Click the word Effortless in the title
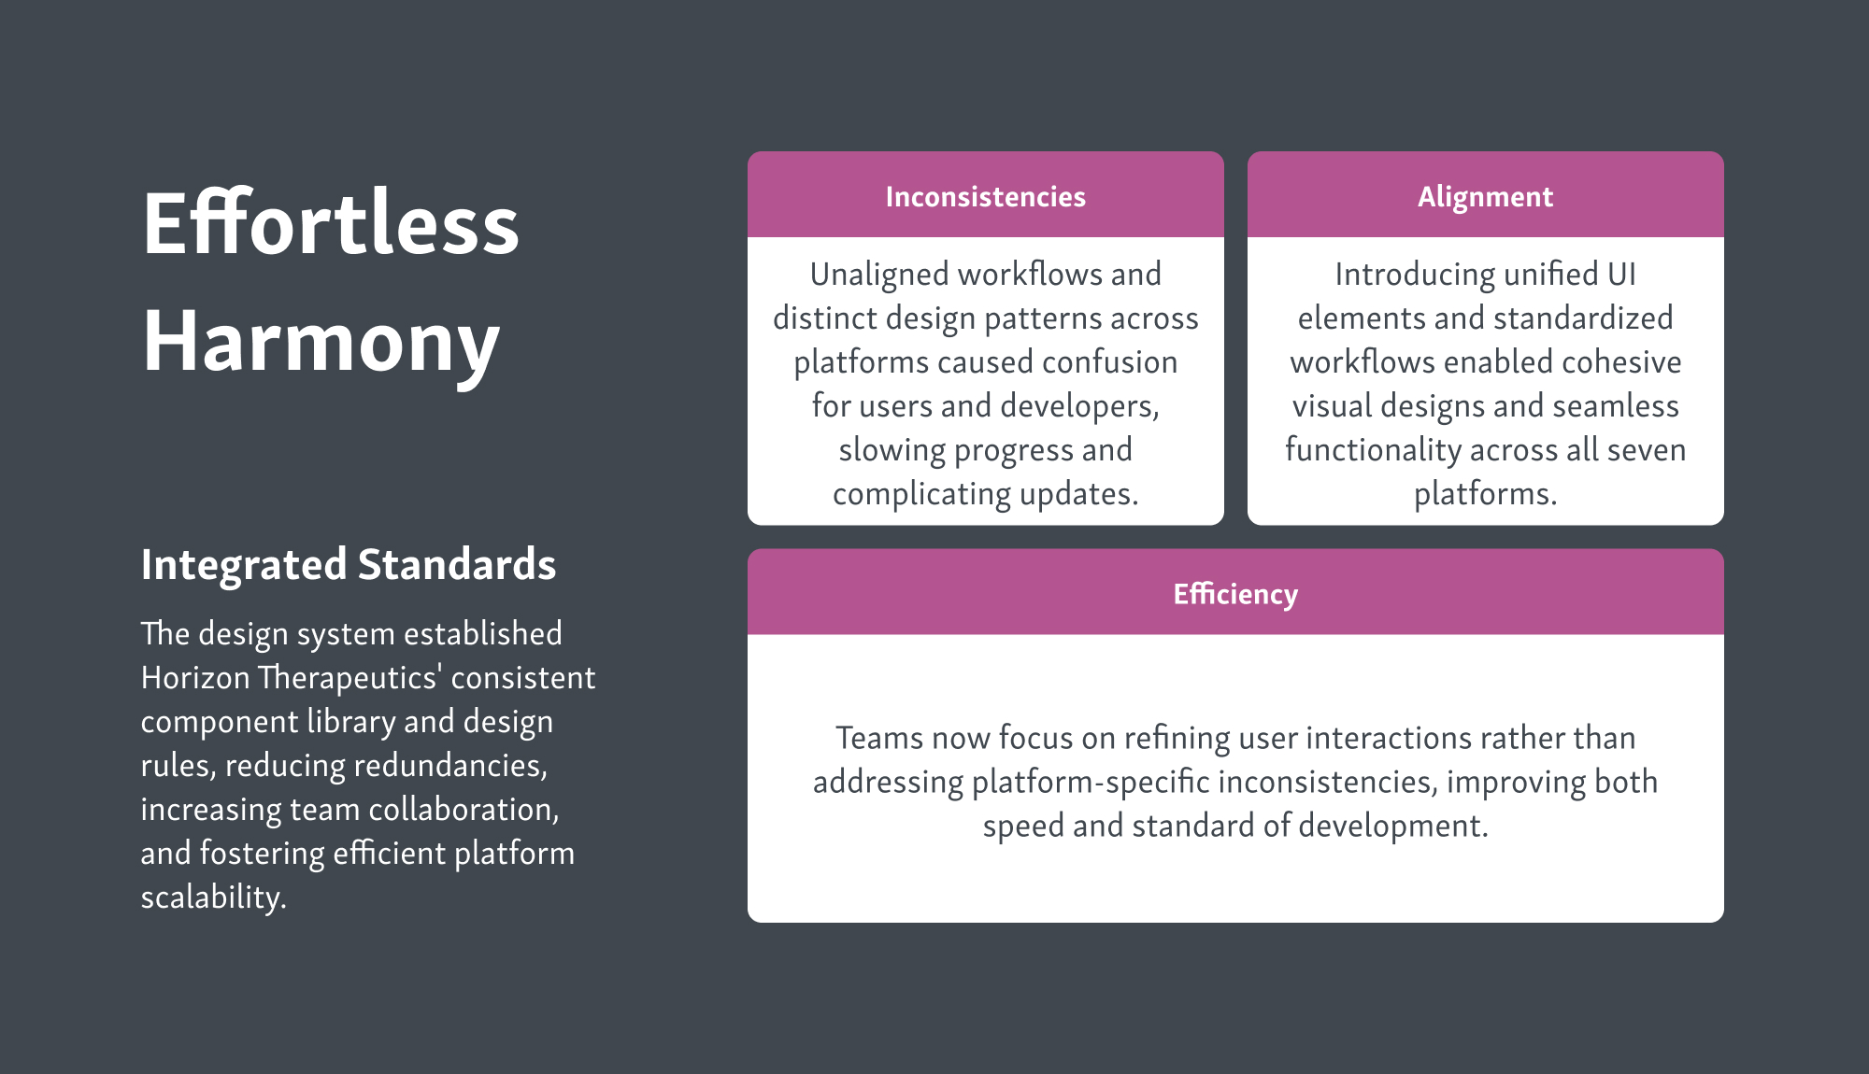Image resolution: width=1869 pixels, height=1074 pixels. (331, 223)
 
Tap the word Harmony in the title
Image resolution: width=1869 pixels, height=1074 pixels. (321, 342)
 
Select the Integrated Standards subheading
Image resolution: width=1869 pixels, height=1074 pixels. (349, 564)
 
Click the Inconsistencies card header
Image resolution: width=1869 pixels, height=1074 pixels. (985, 196)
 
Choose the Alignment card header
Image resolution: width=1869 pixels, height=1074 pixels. (1485, 196)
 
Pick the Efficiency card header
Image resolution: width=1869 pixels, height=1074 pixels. (1235, 593)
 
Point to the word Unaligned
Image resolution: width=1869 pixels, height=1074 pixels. (879, 275)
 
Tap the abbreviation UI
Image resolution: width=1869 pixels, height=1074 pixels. (1621, 275)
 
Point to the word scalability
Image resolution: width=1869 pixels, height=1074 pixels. (213, 897)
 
